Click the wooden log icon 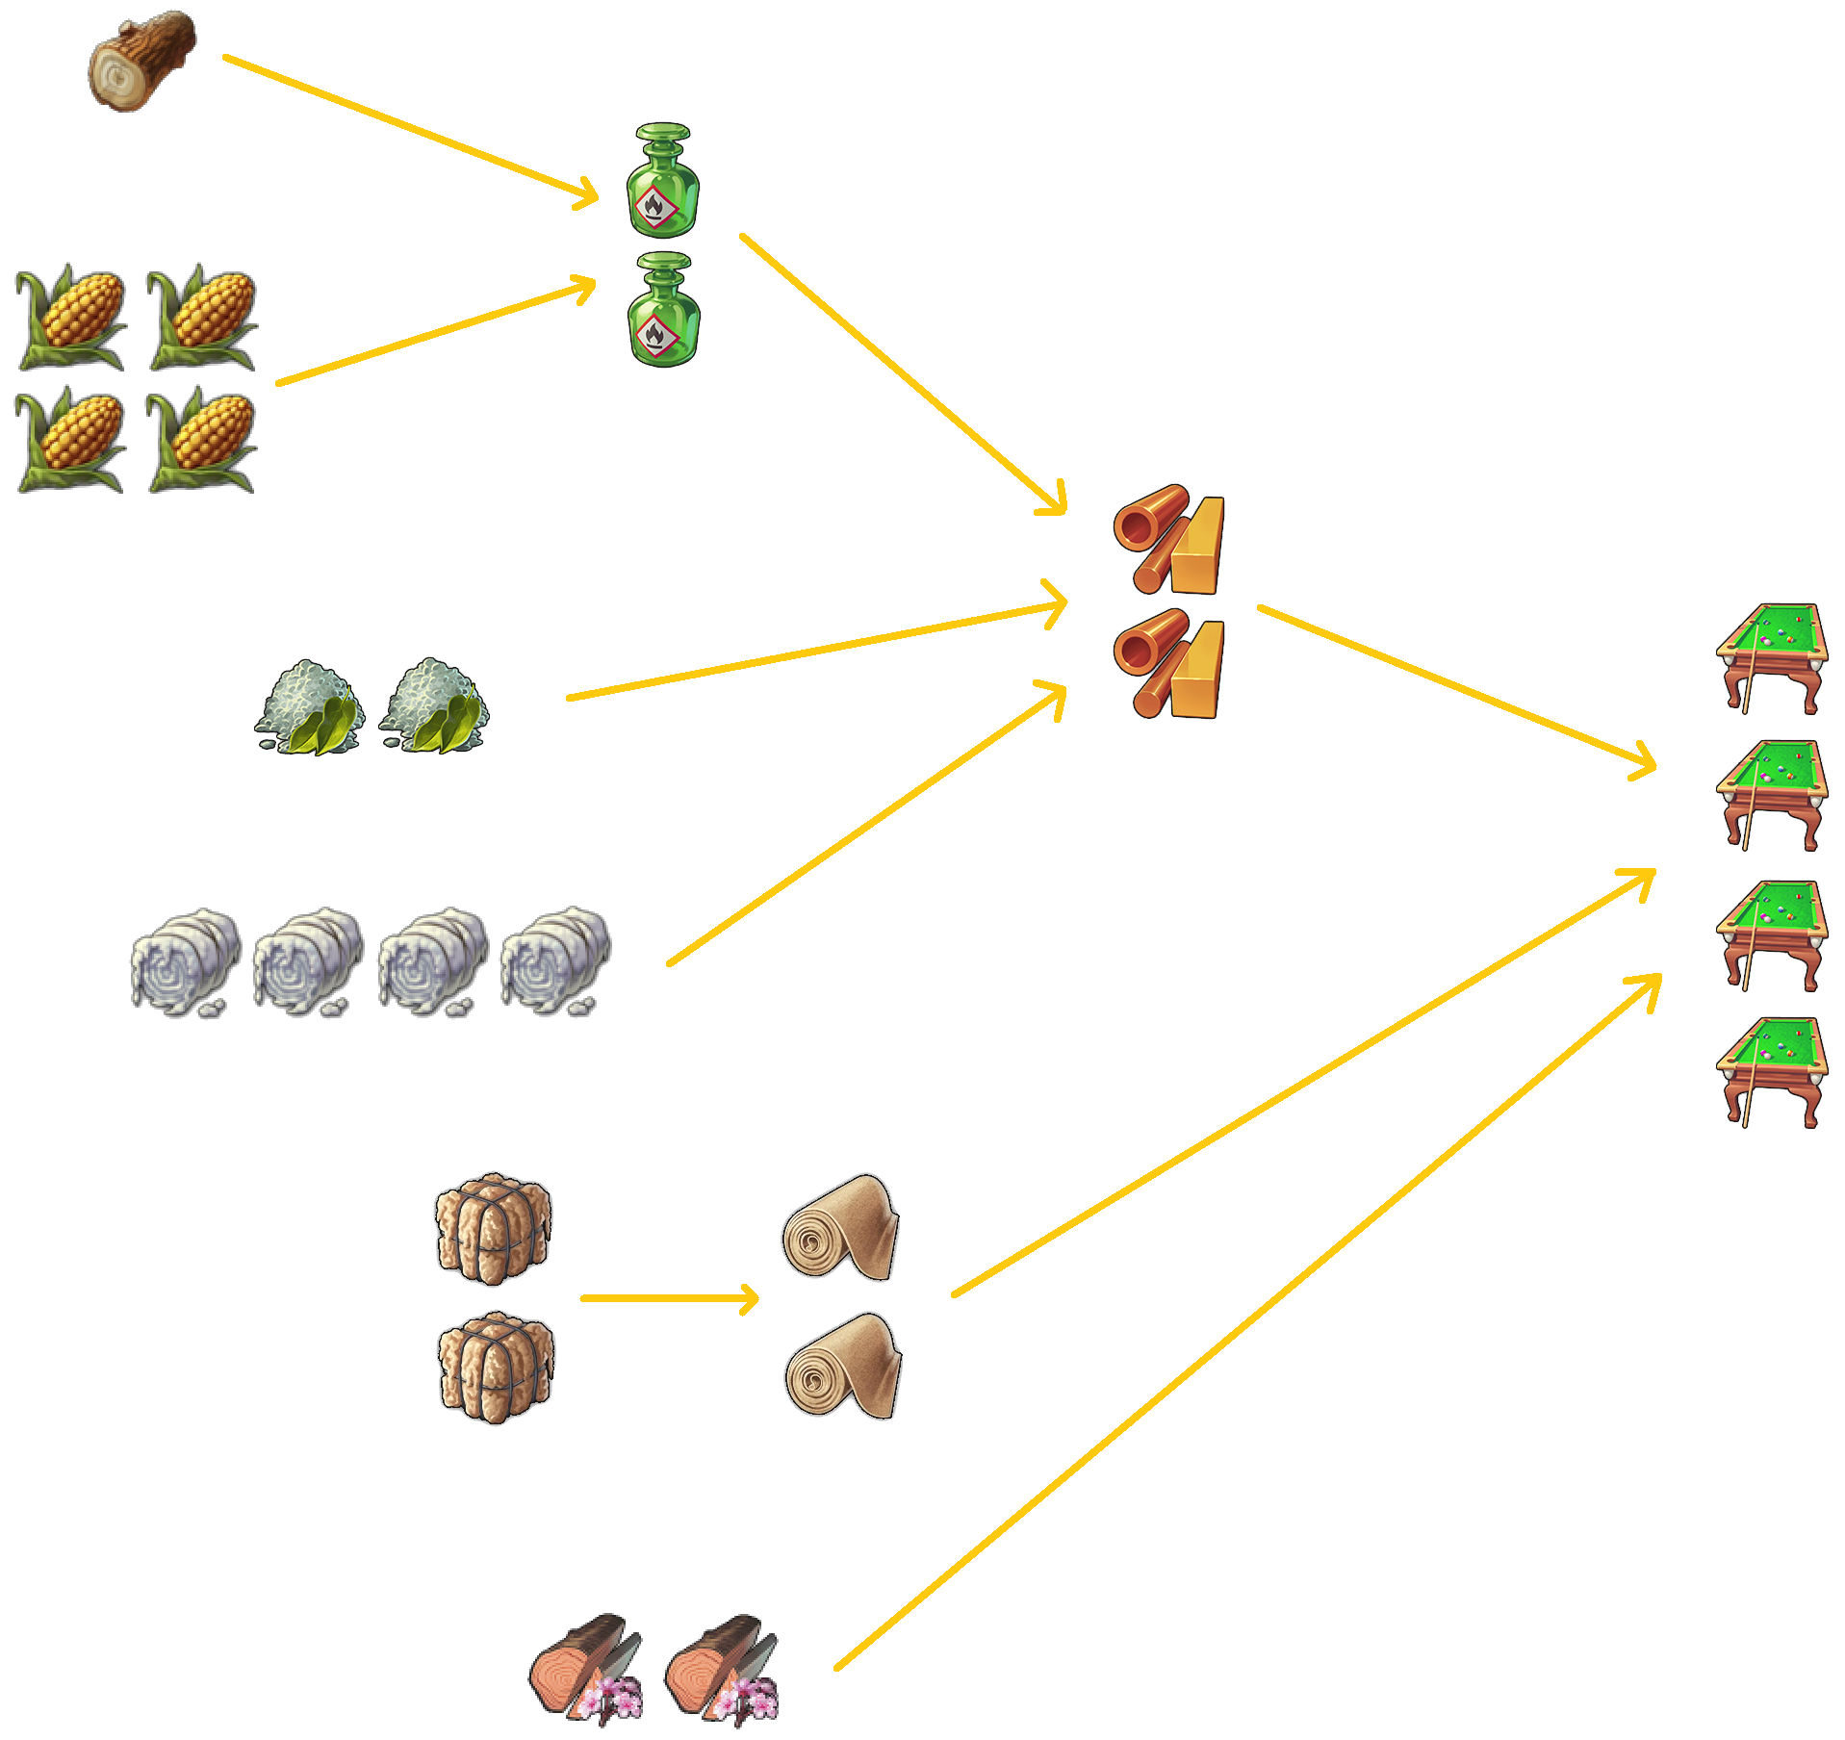pos(142,61)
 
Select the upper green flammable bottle pos(662,180)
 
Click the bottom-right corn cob pos(202,439)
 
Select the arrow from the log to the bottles pos(409,129)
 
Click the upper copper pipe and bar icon pos(1168,538)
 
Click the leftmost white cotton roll pos(186,961)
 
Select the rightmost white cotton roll pos(555,961)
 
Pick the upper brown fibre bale pos(493,1228)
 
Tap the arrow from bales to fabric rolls pos(669,1298)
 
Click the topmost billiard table pos(1771,657)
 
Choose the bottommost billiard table pos(1771,1070)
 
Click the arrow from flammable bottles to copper pos(903,373)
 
